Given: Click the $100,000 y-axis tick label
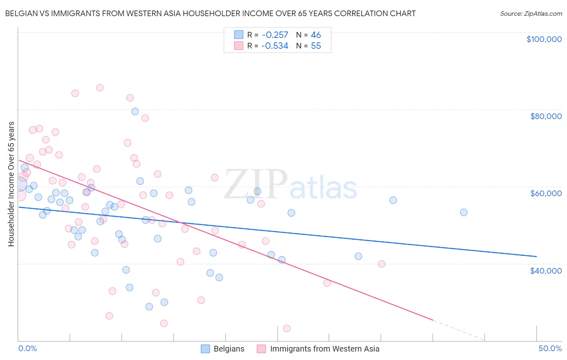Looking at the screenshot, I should point(544,39).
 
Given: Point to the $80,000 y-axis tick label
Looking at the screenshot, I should point(546,116).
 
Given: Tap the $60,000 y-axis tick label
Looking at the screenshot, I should point(546,193).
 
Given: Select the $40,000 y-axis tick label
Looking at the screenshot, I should point(546,270).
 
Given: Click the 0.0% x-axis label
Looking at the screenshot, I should point(27,348).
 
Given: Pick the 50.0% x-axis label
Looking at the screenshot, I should point(550,348).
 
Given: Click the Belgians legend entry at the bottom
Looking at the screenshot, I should point(229,349).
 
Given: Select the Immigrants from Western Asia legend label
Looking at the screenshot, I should point(324,349).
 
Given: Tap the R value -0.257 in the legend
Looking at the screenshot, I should point(275,35).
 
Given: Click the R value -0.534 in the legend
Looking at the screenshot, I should point(275,46).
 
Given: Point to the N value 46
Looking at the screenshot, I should point(316,35).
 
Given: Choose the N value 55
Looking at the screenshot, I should point(316,46).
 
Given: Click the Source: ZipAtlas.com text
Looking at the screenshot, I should point(531,13).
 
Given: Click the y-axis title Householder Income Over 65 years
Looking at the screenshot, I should point(11,184).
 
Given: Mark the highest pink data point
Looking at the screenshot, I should point(100,88).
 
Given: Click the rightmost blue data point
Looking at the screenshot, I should point(463,212).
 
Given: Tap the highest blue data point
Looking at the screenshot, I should point(135,111).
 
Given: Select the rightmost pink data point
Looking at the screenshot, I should point(381,264).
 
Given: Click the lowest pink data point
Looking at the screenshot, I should point(287,328).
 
